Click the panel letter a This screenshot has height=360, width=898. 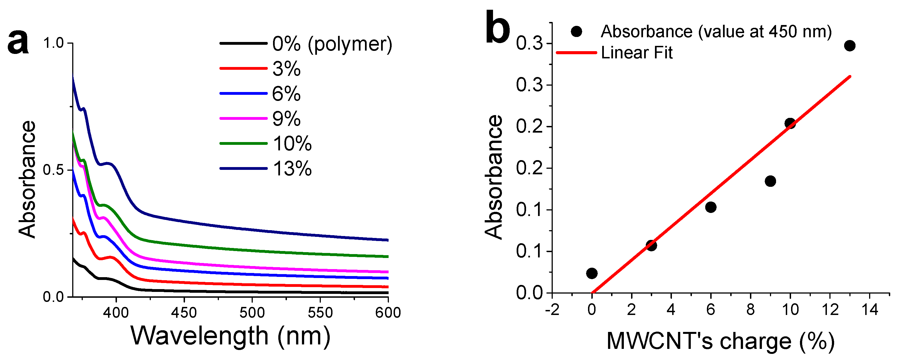pyautogui.click(x=18, y=43)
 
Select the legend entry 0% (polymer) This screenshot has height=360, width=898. pyautogui.click(x=332, y=44)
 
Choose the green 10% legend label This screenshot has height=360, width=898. pyautogui.click(x=292, y=144)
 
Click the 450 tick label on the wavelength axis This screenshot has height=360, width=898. pyautogui.click(x=184, y=312)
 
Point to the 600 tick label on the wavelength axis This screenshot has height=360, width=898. pyautogui.click(x=388, y=312)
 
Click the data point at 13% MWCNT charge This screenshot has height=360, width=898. pyautogui.click(x=850, y=46)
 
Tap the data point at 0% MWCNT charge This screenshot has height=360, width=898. pyautogui.click(x=592, y=273)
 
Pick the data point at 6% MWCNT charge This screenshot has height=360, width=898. pyautogui.click(x=711, y=207)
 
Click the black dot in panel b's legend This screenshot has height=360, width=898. pyautogui.click(x=577, y=32)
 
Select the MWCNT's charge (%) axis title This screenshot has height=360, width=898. pyautogui.click(x=721, y=341)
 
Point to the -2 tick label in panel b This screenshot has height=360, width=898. pyautogui.click(x=552, y=310)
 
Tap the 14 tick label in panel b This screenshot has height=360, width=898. pyautogui.click(x=870, y=310)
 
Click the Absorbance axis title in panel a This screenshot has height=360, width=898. pyautogui.click(x=27, y=179)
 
